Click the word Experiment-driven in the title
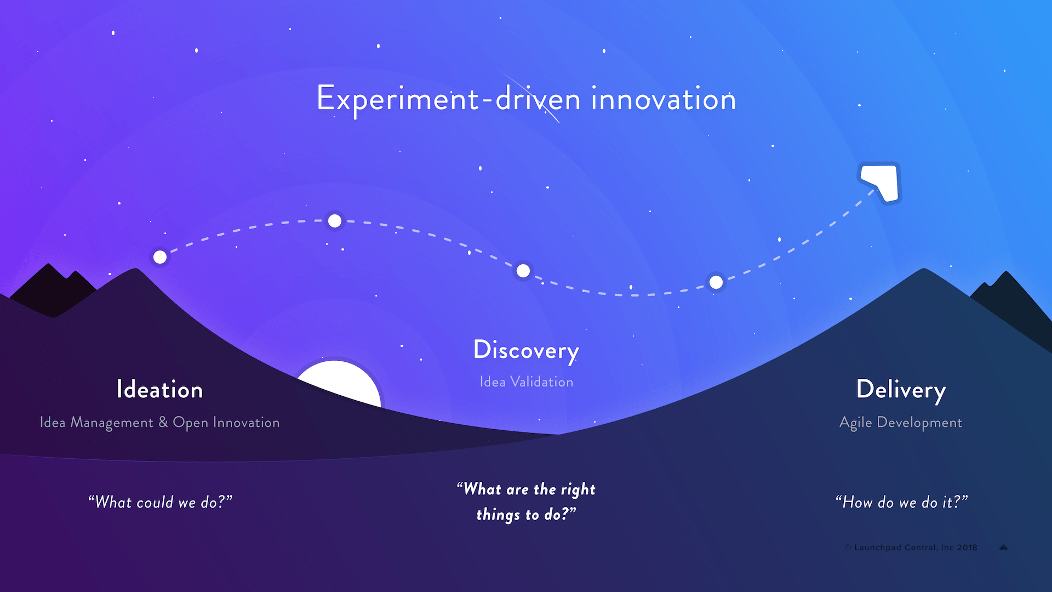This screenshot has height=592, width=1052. tap(448, 100)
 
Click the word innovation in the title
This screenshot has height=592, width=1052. tap(663, 100)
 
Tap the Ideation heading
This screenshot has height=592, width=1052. tap(159, 390)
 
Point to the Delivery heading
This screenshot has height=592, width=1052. tap(901, 390)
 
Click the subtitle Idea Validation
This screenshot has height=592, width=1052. tap(526, 382)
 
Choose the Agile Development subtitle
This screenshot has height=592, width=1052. tap(901, 423)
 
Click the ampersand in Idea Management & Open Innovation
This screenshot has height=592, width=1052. tap(163, 422)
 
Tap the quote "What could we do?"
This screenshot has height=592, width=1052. tap(160, 502)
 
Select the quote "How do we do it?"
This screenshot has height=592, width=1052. tap(901, 502)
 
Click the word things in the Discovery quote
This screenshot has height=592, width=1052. tap(498, 515)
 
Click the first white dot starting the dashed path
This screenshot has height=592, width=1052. tap(160, 257)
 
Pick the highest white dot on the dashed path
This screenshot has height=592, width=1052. tap(335, 221)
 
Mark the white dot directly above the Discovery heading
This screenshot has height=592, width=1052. tap(523, 271)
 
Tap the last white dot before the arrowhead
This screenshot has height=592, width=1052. tap(716, 282)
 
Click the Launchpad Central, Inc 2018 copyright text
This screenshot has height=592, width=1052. tap(915, 548)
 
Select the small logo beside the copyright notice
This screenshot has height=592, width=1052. tap(1004, 548)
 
